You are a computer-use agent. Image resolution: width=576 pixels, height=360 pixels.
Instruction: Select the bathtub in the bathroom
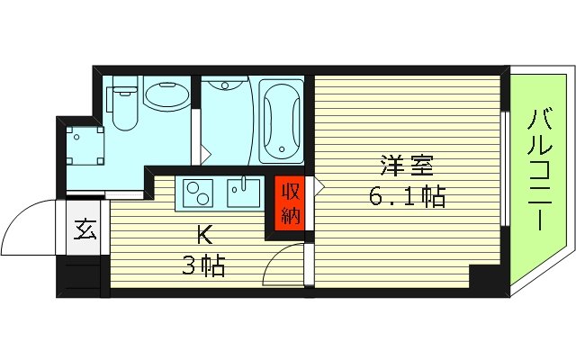281,122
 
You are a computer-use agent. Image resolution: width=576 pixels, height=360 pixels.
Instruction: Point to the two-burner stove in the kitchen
198,192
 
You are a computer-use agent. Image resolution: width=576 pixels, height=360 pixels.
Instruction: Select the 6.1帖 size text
408,196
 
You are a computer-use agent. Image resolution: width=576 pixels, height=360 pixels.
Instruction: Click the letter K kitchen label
205,237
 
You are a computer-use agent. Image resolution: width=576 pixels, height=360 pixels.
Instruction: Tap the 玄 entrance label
85,230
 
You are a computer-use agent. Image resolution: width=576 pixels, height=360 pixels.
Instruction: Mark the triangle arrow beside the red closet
318,187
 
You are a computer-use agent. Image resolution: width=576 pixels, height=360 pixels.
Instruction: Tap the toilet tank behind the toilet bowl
122,88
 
